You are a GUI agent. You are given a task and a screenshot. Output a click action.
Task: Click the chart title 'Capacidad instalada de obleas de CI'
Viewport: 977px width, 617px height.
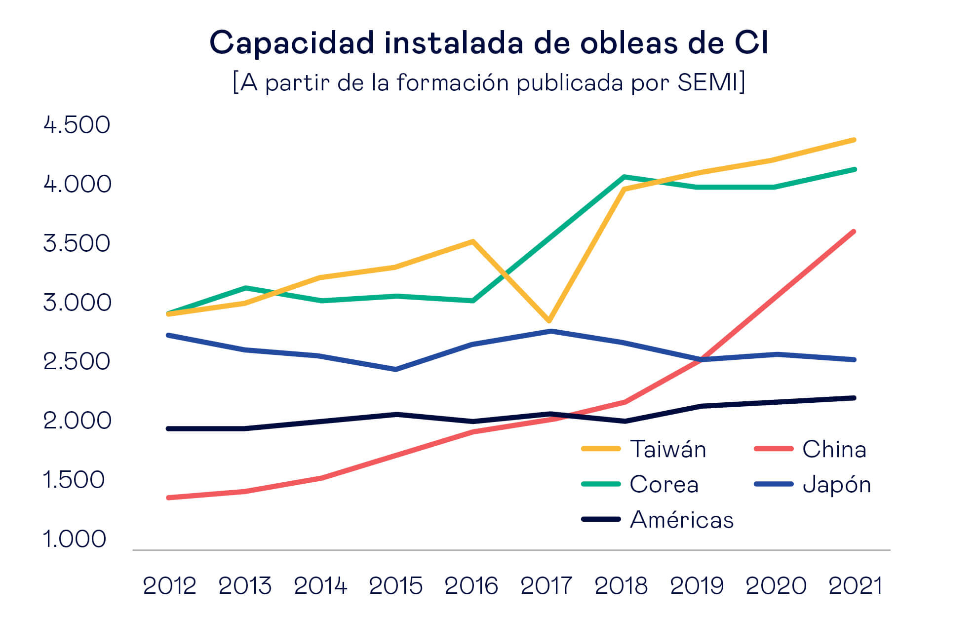tap(488, 42)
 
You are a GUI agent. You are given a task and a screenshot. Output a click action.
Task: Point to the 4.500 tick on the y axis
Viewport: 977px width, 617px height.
tap(77, 124)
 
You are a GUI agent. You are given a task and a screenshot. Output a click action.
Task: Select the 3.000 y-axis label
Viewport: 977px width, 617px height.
tap(77, 302)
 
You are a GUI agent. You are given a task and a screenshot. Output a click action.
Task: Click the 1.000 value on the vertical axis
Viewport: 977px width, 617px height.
tap(75, 539)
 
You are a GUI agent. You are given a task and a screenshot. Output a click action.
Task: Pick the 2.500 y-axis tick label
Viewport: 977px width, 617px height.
tap(77, 361)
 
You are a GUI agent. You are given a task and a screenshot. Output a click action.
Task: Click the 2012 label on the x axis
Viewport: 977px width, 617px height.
tap(169, 586)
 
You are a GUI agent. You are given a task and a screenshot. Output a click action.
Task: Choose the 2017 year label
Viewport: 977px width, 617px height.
tap(546, 586)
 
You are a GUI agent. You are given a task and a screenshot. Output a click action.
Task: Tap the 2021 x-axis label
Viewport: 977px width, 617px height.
tap(855, 586)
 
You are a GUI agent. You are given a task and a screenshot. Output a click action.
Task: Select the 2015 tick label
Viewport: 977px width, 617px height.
tap(395, 586)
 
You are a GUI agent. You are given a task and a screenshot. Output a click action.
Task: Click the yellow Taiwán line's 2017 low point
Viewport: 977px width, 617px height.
tap(549, 321)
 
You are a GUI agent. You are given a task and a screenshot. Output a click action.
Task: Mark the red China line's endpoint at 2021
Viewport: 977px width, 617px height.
tap(854, 231)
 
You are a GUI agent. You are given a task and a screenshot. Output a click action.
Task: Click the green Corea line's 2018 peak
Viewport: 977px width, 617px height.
tap(625, 177)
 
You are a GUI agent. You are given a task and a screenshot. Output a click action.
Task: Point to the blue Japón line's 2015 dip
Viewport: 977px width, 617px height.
tap(396, 369)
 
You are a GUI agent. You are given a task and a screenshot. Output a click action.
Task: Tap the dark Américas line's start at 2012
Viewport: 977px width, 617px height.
tap(169, 428)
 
